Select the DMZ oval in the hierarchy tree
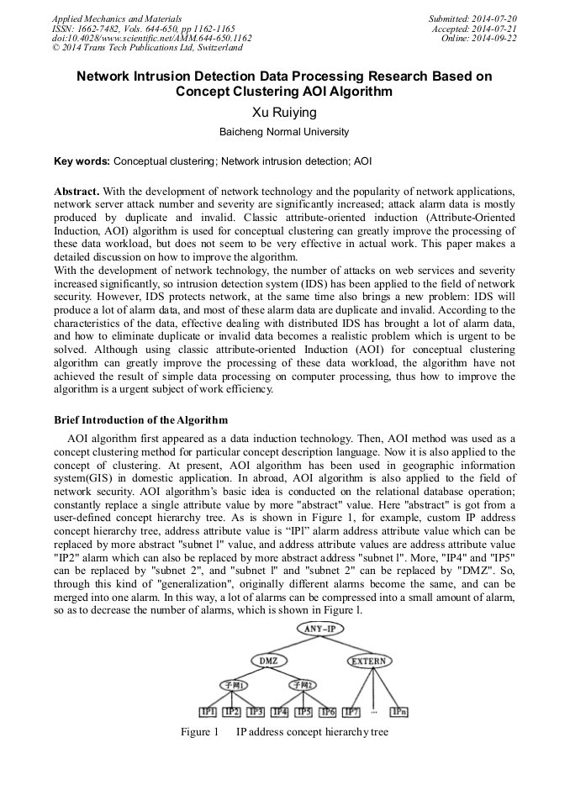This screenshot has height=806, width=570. coord(269,661)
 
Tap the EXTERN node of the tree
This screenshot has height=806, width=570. coord(369,661)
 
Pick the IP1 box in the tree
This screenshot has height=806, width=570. coord(208,713)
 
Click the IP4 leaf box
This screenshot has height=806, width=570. coord(281,713)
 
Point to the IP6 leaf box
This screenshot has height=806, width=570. coord(328,713)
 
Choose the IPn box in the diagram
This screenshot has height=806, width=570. coord(399,713)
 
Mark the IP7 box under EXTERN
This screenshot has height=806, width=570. coord(352,713)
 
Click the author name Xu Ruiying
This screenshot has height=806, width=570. coord(284,112)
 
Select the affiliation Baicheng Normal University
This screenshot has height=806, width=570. coord(284,133)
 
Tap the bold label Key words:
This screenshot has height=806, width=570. coord(82,161)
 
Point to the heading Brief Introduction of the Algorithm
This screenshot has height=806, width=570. coord(140,420)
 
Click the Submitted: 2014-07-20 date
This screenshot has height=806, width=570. coord(472,18)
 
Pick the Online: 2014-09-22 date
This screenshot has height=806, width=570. coord(478,39)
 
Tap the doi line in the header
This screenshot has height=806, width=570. coord(151,39)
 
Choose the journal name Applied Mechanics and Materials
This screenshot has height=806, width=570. coord(117,18)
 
